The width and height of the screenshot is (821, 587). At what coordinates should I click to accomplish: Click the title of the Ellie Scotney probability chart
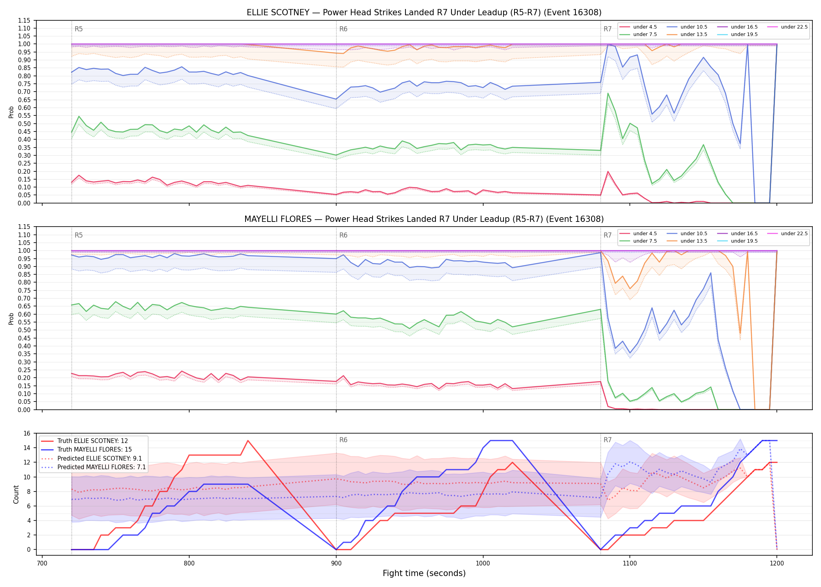coord(424,13)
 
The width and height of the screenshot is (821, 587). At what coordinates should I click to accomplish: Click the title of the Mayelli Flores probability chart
coord(424,219)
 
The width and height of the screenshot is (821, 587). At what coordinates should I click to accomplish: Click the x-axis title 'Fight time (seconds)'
coord(424,573)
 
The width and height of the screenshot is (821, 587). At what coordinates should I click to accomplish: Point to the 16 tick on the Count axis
coord(27,433)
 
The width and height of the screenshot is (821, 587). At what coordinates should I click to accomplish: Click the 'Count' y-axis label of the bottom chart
coord(16,494)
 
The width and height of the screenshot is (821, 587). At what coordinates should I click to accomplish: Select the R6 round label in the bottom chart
coord(343,440)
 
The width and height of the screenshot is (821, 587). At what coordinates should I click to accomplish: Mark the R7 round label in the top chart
coord(608,29)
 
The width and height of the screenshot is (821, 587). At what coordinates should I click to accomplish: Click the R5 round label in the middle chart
coord(79,235)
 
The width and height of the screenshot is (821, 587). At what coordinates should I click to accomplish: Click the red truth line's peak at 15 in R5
coord(248,441)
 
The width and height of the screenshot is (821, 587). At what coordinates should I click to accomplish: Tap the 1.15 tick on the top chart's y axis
coord(25,20)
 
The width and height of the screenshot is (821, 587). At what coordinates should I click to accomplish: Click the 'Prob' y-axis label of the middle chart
coord(11,319)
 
